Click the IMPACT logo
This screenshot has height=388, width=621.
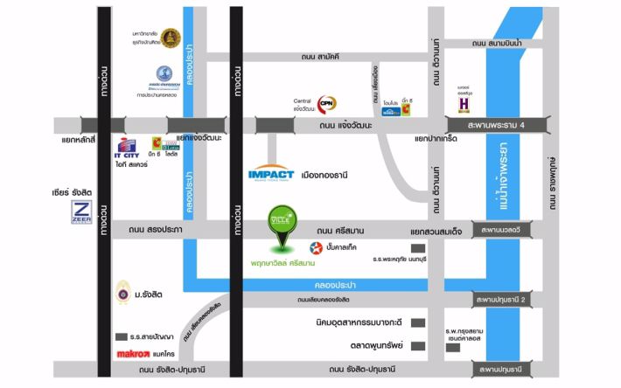(x=276, y=172)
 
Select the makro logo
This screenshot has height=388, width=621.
(x=136, y=354)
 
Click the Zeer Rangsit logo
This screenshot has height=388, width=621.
(x=82, y=212)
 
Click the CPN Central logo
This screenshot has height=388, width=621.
(x=327, y=103)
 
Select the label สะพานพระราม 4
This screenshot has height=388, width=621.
(x=506, y=126)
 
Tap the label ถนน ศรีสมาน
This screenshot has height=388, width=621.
(x=344, y=230)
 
